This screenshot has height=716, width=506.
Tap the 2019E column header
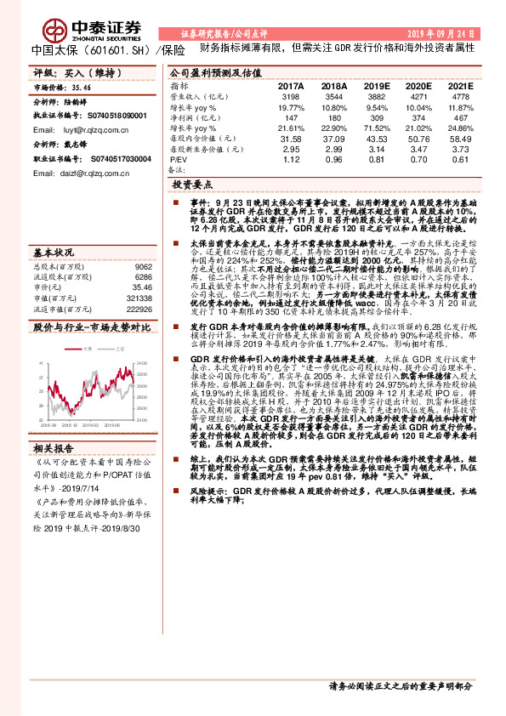[x=375, y=87]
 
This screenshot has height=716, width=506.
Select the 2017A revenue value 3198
[x=290, y=98]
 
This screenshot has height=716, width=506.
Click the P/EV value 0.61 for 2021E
[x=459, y=159]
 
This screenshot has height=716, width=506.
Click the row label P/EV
[x=179, y=159]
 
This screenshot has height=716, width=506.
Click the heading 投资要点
[x=193, y=184]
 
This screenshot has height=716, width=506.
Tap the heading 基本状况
[x=53, y=253]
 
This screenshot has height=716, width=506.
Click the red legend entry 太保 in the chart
[x=88, y=349]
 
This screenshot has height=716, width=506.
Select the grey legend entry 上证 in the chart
[x=117, y=349]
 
